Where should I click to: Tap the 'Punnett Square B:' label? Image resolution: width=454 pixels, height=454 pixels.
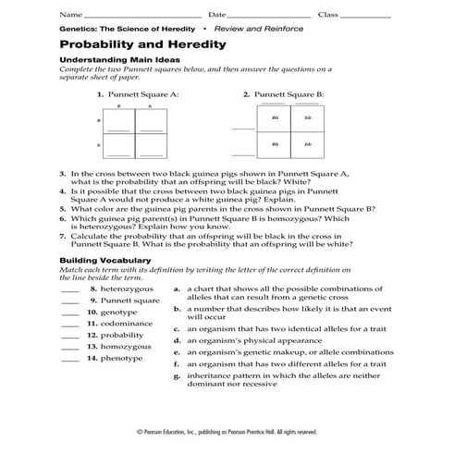click(x=288, y=94)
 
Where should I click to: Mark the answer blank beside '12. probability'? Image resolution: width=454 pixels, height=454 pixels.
click(x=69, y=336)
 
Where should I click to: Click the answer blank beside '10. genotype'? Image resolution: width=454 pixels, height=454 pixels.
click(x=69, y=313)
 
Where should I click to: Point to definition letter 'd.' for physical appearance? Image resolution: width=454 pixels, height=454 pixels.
click(x=177, y=340)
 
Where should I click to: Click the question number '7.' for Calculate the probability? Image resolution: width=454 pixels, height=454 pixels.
click(x=62, y=237)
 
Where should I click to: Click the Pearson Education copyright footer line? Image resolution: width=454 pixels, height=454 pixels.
click(x=227, y=432)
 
